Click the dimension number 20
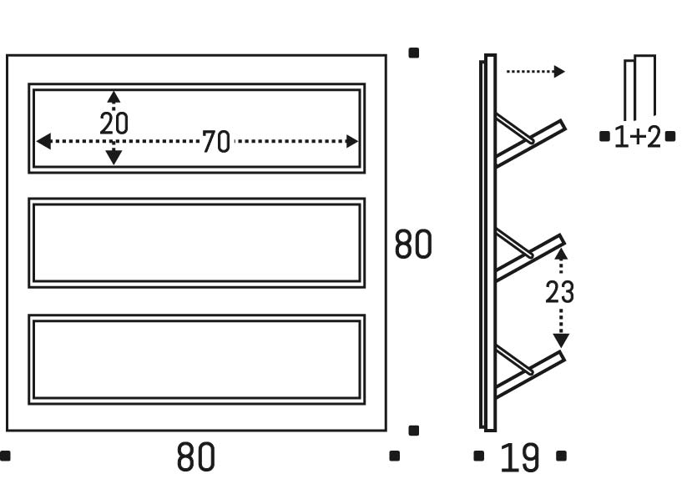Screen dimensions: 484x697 point(114,124)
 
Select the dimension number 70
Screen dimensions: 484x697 point(215,143)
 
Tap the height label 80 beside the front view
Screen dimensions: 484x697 point(413,245)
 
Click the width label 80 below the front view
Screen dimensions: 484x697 point(196,457)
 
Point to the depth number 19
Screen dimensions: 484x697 point(519,458)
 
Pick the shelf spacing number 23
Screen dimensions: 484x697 point(559,293)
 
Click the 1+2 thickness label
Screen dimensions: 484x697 point(637,137)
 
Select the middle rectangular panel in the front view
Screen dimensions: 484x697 point(198,243)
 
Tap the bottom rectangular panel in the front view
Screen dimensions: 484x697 point(198,359)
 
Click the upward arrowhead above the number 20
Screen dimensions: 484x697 point(114,97)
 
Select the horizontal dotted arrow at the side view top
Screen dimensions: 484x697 point(535,72)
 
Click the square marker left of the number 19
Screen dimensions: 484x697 point(479,456)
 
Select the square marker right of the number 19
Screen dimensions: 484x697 point(561,456)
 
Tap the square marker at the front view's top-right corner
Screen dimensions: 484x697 point(413,53)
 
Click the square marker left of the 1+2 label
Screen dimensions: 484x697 point(604,136)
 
